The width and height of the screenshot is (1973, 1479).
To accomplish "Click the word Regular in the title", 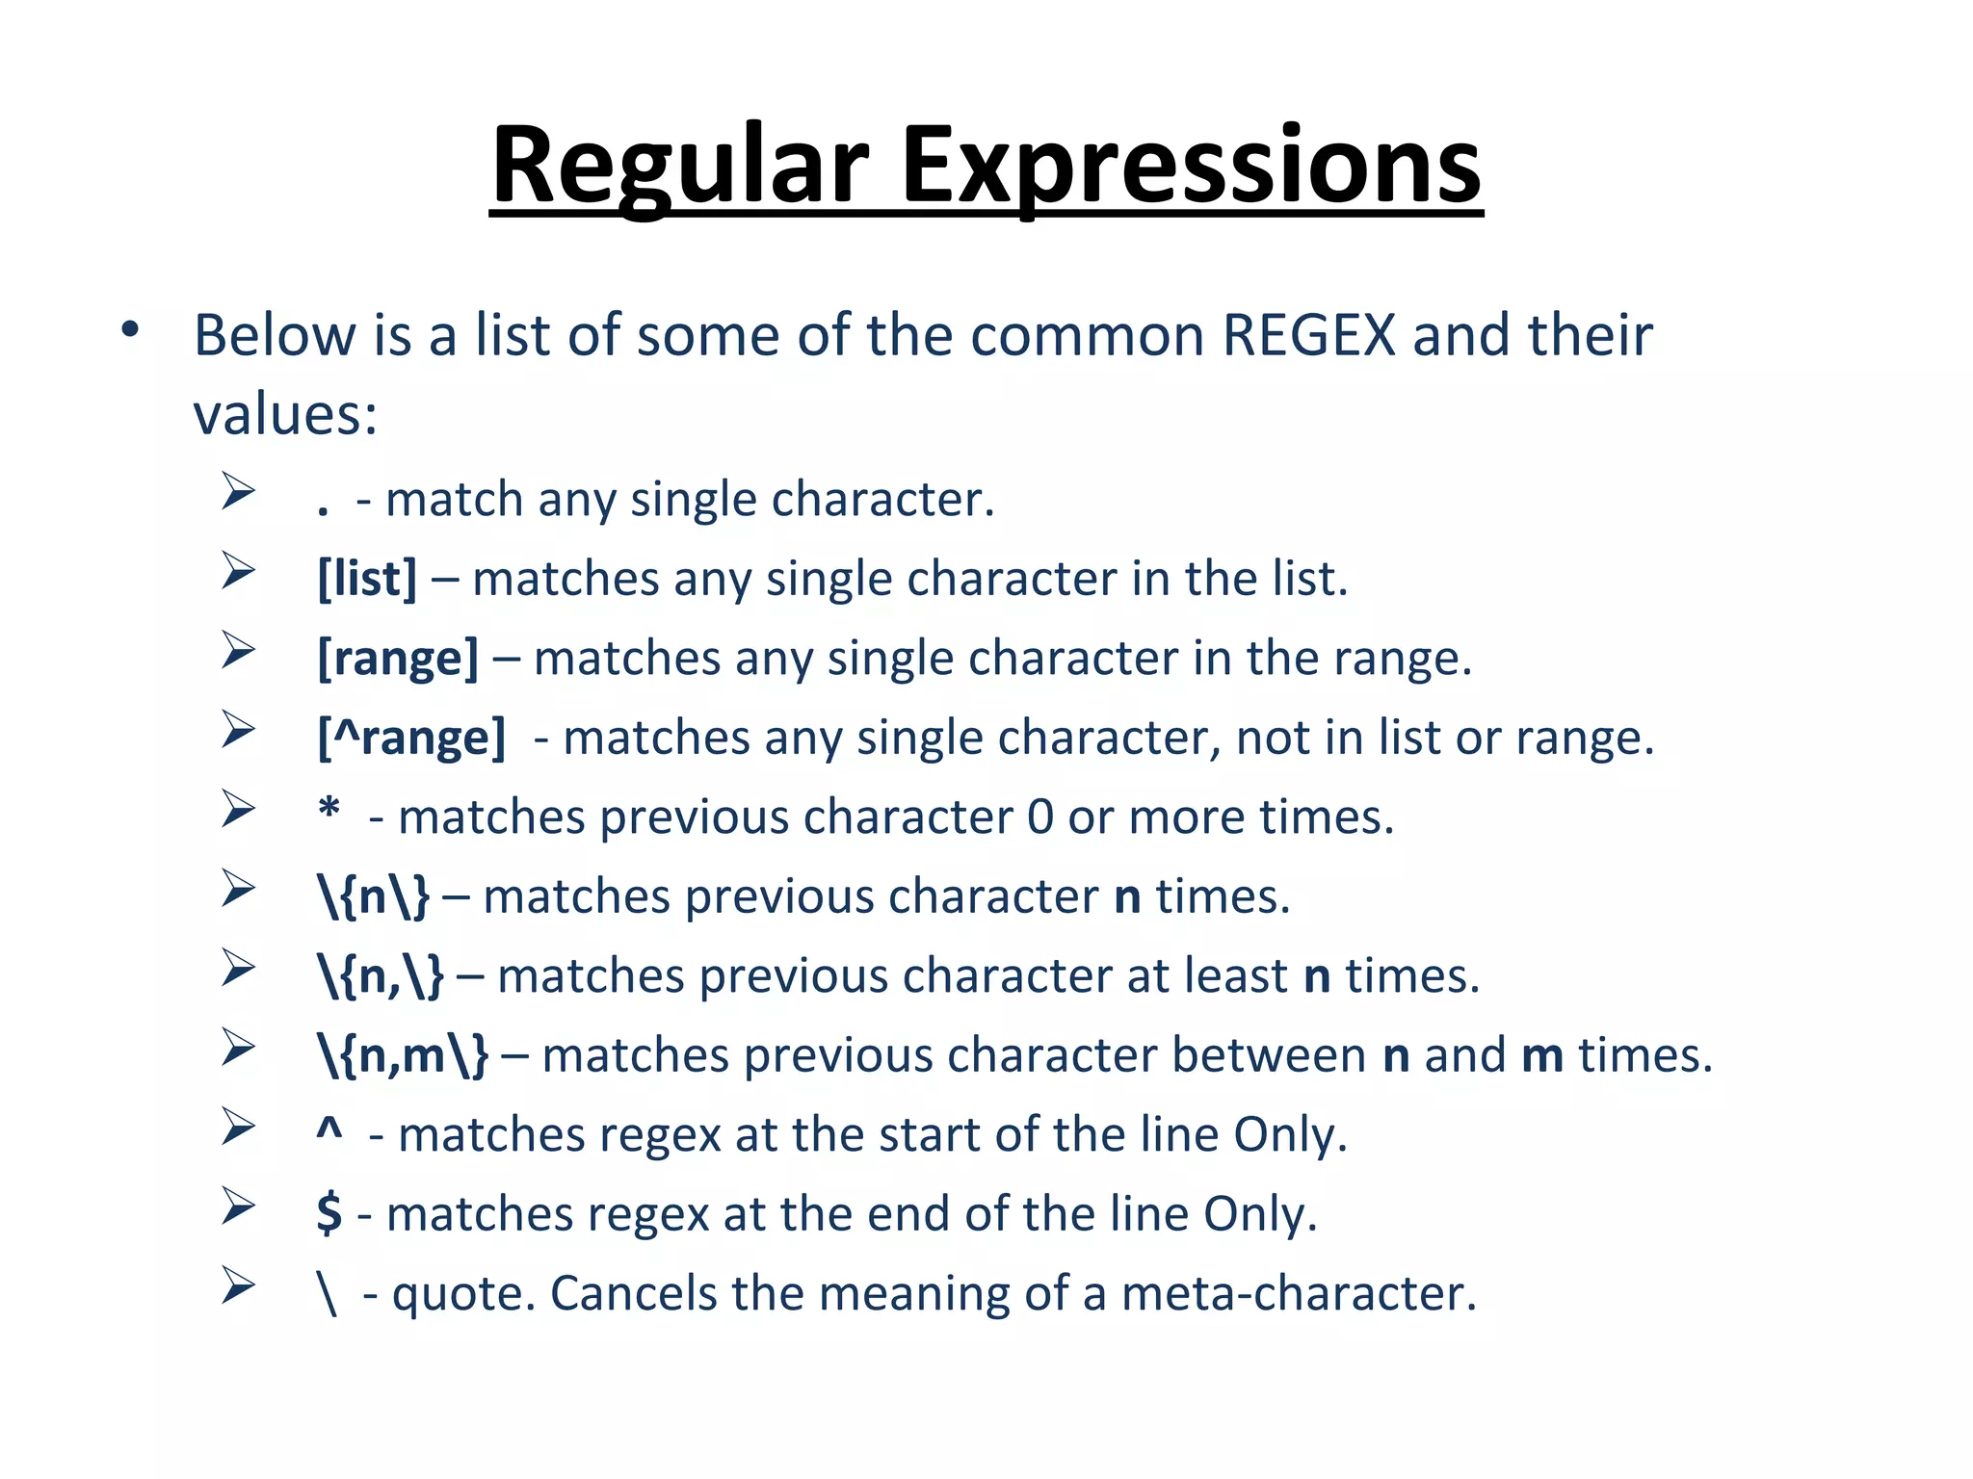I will [680, 166].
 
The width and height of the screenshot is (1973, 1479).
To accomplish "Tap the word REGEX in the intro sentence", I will [1309, 336].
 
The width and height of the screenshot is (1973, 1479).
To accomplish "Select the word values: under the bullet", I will [285, 415].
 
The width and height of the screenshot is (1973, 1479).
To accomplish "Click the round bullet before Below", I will [130, 330].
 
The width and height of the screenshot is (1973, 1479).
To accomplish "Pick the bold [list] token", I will [367, 579].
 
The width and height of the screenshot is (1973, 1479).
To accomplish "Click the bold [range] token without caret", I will [398, 659].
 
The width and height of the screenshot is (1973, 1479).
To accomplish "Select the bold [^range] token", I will [411, 739].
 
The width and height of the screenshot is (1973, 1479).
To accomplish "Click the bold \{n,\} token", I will [381, 976].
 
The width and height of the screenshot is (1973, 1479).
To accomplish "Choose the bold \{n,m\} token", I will [403, 1055].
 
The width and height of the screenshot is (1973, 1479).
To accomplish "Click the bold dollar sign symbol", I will [329, 1213].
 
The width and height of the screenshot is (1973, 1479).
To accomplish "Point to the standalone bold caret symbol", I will [329, 1130].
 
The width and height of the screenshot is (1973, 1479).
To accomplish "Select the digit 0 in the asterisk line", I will [1040, 817].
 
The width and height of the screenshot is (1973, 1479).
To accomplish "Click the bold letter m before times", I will [1542, 1056].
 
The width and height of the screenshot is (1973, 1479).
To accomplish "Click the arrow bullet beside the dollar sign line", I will [237, 1206].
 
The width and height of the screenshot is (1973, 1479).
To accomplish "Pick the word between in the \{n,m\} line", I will [1269, 1055].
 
